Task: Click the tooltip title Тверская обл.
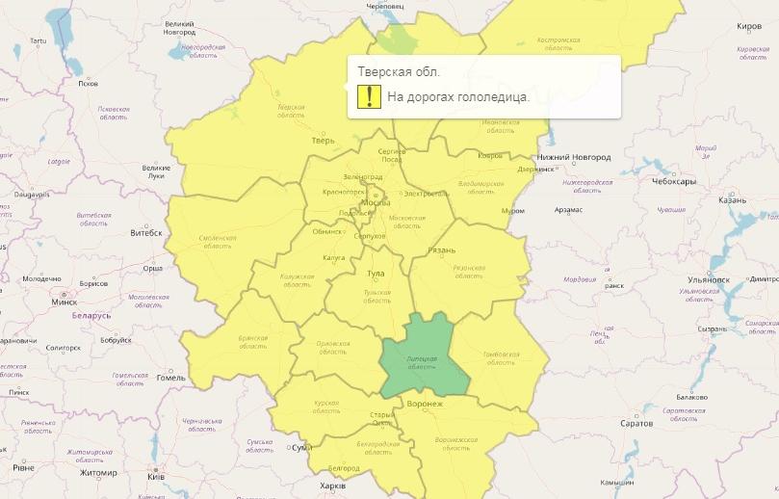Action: [x=399, y=72]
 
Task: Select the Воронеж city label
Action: [x=425, y=404]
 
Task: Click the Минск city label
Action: [x=64, y=302]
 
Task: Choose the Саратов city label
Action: [x=636, y=423]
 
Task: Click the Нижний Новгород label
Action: [x=574, y=157]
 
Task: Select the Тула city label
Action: [x=376, y=274]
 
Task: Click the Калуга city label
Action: [x=333, y=258]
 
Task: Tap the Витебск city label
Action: [x=146, y=233]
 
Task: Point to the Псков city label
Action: [x=88, y=84]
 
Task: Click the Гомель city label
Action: [x=170, y=377]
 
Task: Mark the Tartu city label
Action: [x=38, y=41]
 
